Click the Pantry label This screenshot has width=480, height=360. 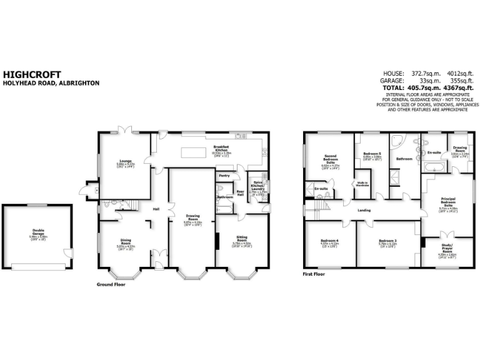[225, 176]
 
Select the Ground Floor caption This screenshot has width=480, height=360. [111, 284]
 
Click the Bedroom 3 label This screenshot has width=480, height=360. [387, 241]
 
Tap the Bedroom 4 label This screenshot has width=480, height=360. [329, 241]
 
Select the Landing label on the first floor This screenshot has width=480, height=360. [364, 210]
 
